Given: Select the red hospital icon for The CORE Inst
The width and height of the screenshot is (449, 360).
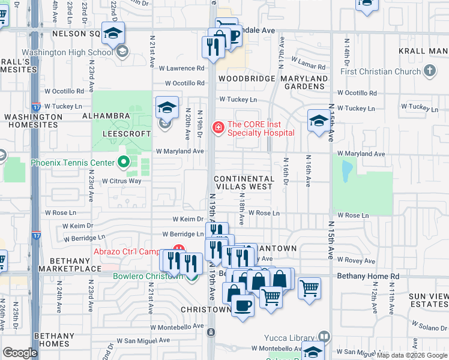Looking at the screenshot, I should tap(218, 127).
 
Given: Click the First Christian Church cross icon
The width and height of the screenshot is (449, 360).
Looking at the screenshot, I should tap(429, 71).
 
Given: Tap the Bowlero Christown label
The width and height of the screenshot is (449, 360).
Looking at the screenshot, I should tap(148, 276).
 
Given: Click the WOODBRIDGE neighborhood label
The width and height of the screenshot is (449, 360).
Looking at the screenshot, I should tap(242, 79).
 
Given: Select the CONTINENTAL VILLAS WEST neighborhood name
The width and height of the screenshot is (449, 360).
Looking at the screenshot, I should tap(244, 182).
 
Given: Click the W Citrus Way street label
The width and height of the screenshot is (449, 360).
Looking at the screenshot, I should tap(121, 181).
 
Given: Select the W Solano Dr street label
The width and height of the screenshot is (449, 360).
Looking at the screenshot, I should tap(427, 329).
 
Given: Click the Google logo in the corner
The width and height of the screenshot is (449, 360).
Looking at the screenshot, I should tap(20, 353).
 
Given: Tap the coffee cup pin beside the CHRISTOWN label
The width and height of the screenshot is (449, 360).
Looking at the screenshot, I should tap(243, 306).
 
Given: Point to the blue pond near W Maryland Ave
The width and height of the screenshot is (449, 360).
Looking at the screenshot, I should tap(346, 172).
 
